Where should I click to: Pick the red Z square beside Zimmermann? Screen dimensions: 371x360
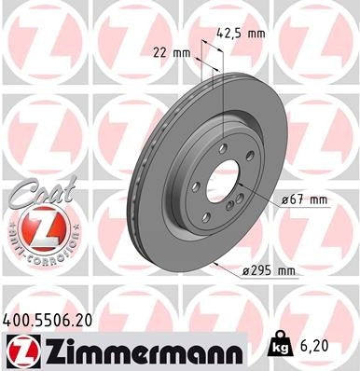click(x=22, y=349)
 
